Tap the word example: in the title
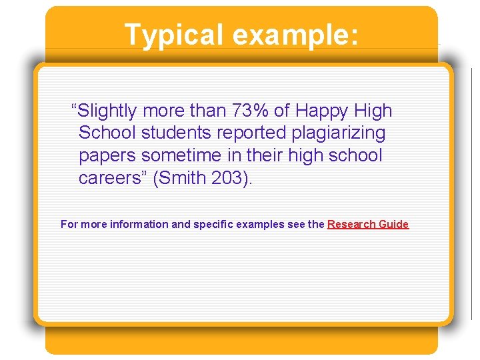pos(295,35)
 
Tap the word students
pos(166,133)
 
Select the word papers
pos(107,156)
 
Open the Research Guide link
pos(367,225)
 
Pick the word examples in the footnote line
pos(260,225)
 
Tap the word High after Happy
pos(373,111)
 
